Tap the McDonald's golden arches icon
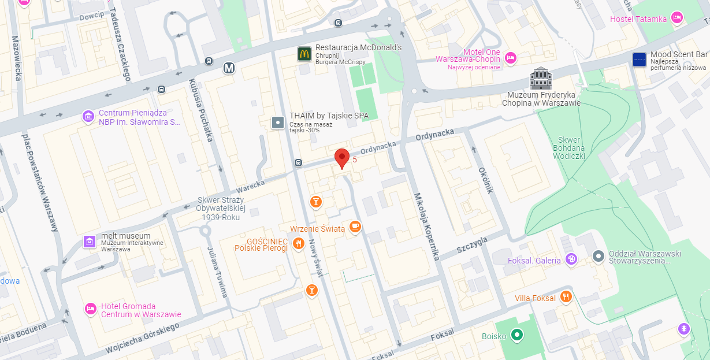click(x=304, y=54)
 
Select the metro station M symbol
click(x=229, y=68)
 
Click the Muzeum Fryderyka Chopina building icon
click(x=541, y=78)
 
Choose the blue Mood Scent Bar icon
click(x=640, y=59)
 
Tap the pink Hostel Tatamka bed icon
click(x=678, y=18)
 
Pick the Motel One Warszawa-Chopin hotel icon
click(x=510, y=57)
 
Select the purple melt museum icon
click(x=90, y=241)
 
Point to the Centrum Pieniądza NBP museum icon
click(x=88, y=117)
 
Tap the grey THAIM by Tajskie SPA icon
click(x=278, y=123)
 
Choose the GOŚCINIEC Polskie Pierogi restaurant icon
click(x=299, y=244)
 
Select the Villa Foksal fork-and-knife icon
click(x=566, y=298)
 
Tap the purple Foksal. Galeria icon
click(x=571, y=259)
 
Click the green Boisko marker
click(x=518, y=335)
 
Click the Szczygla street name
click(x=472, y=245)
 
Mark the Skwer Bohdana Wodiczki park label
click(x=571, y=148)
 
